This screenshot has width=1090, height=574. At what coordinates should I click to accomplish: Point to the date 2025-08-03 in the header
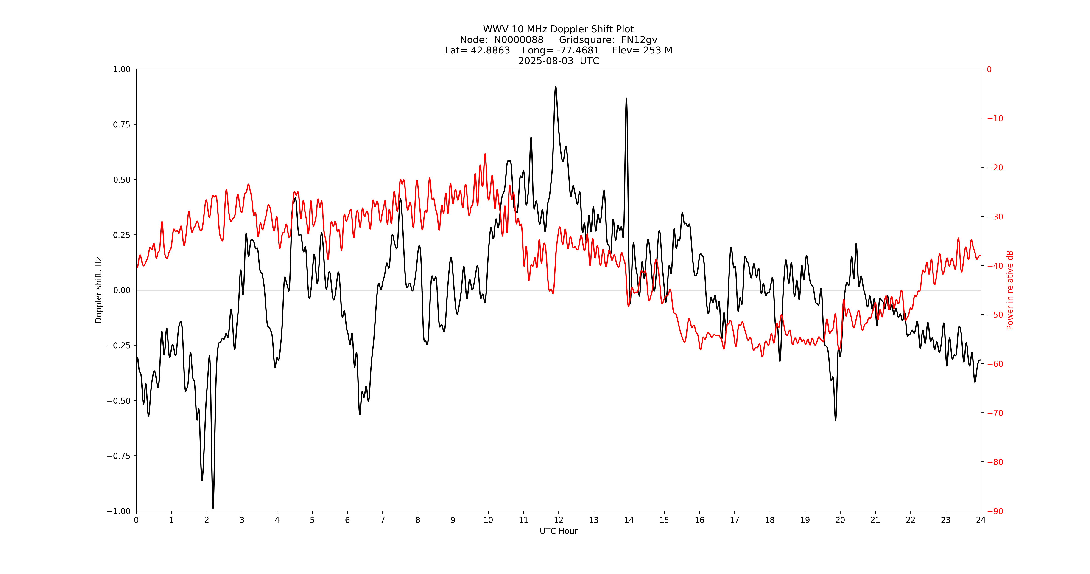[545, 61]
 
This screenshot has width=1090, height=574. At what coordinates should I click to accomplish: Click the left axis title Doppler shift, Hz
[99, 290]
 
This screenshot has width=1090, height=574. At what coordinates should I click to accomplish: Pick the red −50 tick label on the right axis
[995, 315]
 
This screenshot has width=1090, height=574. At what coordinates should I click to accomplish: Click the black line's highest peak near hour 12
[556, 87]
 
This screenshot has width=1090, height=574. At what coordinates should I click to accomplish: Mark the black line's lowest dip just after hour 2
[213, 508]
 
